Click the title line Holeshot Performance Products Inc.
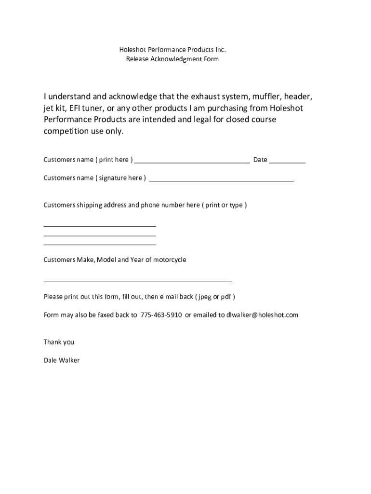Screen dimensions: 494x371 point(172,50)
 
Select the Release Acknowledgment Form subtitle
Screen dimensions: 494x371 point(172,59)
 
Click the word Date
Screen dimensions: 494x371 point(260,160)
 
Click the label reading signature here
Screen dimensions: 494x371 point(120,178)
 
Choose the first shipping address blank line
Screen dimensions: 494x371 point(100,225)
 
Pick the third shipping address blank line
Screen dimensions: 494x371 point(100,245)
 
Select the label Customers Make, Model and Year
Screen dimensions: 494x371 point(115,260)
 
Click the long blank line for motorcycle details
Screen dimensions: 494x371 point(138,281)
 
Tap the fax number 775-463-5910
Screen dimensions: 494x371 point(161,315)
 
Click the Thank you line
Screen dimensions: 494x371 point(59,342)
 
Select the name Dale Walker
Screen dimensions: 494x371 point(62,360)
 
